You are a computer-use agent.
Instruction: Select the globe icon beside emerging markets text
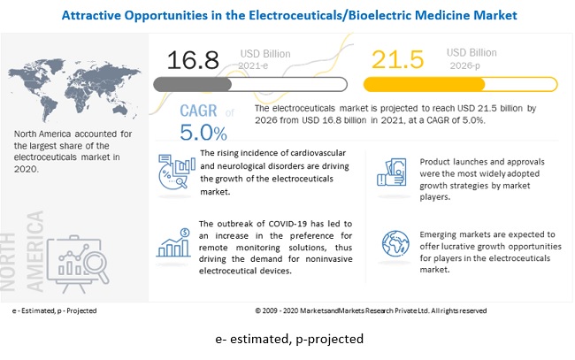pos(395,243)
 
